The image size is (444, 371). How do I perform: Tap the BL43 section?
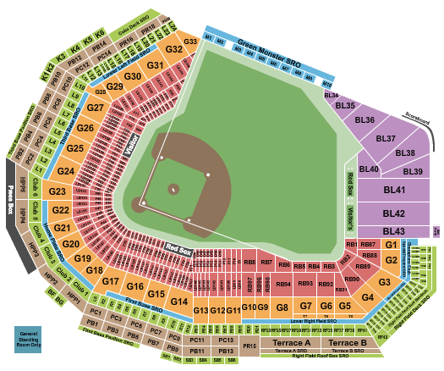[393, 231]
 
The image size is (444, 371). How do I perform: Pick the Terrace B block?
[347, 342]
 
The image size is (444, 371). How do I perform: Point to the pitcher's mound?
[174, 189]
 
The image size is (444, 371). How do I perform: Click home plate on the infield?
[144, 203]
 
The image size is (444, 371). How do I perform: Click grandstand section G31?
[155, 65]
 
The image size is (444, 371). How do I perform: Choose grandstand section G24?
[66, 172]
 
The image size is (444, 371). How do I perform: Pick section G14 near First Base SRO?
[178, 302]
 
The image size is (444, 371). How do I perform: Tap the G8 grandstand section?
[282, 307]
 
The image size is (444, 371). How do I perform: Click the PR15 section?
[249, 346]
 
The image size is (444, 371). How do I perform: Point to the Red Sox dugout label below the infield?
[178, 248]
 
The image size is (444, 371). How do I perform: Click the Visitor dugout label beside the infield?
[131, 143]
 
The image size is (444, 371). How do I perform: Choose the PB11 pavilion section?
[197, 350]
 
